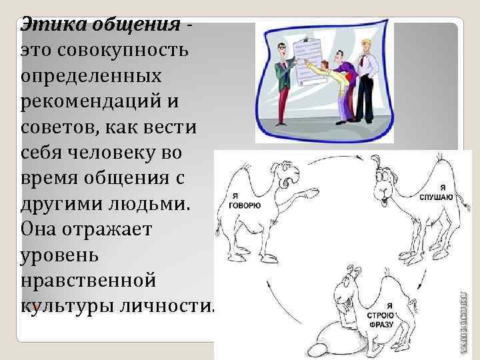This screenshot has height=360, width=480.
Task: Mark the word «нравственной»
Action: tap(89, 279)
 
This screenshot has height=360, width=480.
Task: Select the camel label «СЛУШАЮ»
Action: tap(437, 198)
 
